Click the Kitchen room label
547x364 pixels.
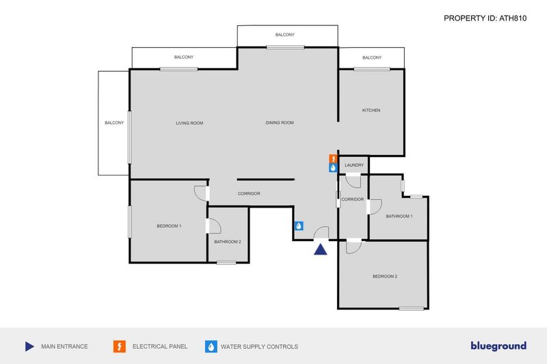pos(371,111)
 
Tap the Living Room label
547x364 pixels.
pos(189,123)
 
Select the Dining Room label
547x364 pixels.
pos(280,123)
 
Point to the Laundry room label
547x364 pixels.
pos(354,165)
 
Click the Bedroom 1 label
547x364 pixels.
pos(169,226)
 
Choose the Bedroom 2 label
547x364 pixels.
pos(385,276)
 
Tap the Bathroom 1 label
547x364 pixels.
pos(399,216)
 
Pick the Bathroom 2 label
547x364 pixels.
pos(228,242)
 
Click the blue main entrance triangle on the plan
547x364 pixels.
pos(320,249)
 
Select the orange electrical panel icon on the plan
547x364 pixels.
pos(334,159)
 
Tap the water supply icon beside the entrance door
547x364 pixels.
pos(299,226)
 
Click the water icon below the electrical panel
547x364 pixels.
pos(334,168)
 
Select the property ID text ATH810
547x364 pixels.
pos(513,18)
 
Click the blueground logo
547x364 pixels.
pos(498,346)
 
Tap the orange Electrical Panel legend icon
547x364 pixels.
pos(119,346)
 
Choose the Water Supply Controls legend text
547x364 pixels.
pos(259,346)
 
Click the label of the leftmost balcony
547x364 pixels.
pos(114,123)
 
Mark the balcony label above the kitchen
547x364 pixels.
pos(372,57)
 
